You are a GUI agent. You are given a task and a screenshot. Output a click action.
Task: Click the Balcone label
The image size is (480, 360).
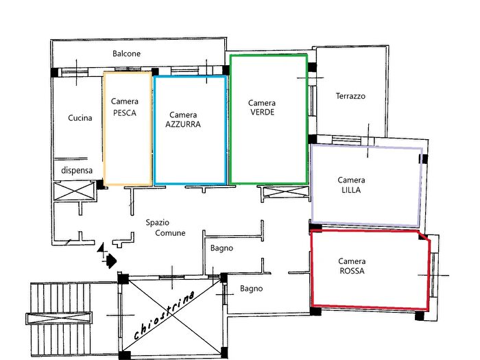(127, 53)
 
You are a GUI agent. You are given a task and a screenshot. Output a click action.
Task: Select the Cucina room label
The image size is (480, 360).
(80, 118)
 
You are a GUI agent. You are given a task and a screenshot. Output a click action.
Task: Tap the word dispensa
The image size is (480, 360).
(77, 170)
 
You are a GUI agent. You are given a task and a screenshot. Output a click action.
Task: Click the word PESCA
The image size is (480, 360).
(124, 114)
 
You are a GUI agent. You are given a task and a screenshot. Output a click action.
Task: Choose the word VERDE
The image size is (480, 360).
(262, 112)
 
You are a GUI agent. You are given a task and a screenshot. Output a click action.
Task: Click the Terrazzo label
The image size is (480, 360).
(350, 97)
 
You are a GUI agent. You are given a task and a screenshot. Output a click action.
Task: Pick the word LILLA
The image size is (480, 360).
(351, 190)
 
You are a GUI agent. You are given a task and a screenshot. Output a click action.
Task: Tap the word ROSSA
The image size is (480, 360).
(352, 272)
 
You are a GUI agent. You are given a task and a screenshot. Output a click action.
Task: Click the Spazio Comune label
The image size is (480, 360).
(165, 228)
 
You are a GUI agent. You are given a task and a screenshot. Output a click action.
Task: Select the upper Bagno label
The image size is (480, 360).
(221, 248)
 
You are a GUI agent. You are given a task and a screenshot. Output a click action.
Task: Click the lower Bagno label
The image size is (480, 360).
(252, 289)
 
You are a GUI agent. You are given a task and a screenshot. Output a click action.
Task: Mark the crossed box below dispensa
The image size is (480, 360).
(73, 190)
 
